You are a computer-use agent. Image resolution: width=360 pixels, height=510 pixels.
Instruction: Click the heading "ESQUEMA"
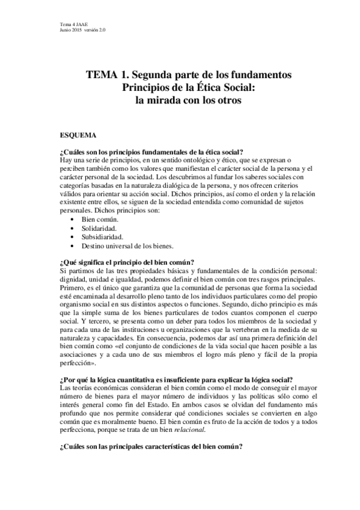tap(79, 136)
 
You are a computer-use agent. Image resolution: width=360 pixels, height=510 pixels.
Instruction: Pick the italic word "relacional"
tap(191, 429)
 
